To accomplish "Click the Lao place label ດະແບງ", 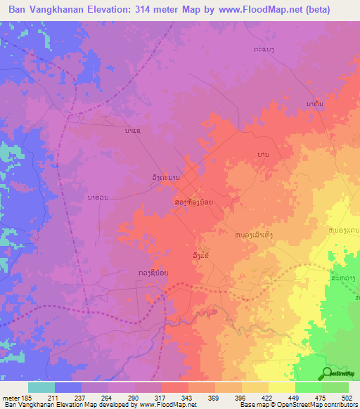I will click(264, 49).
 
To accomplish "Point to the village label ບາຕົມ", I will click(316, 105).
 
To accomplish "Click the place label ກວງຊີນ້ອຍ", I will click(154, 273).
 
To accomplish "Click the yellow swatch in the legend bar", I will click(282, 387).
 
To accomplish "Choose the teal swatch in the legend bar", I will click(41, 387).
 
